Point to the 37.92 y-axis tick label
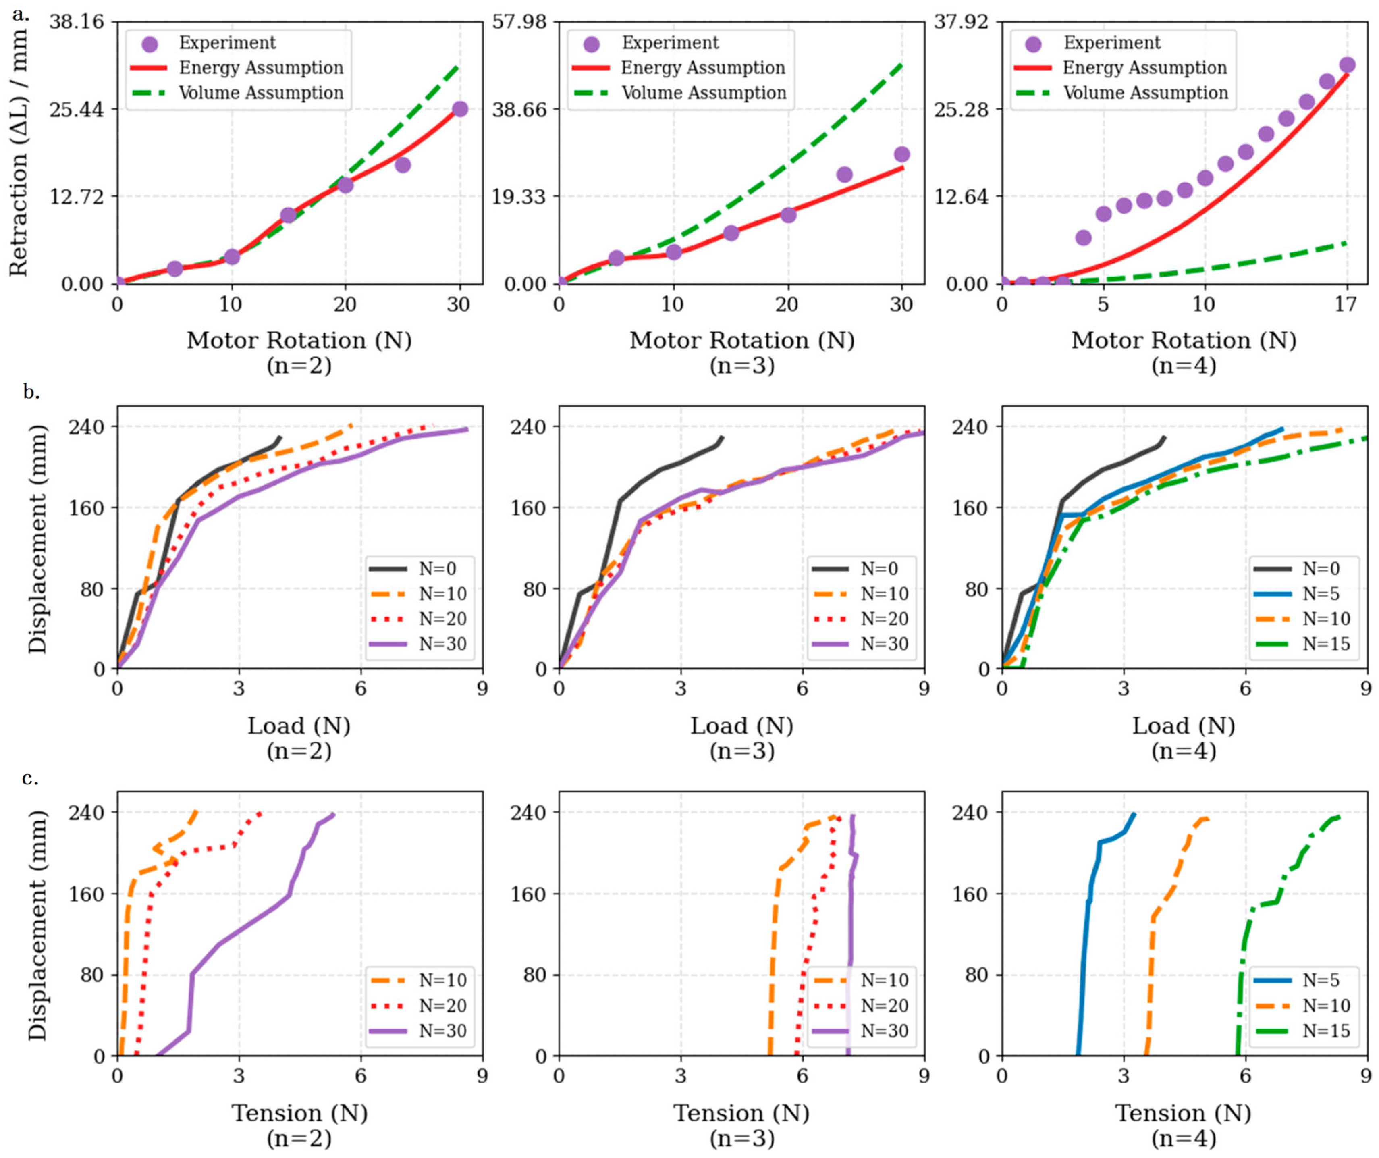(x=962, y=22)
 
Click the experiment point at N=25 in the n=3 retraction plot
(x=845, y=175)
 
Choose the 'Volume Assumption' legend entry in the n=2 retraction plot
(x=238, y=93)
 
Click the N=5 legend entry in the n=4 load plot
(x=1302, y=594)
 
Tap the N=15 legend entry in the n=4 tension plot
(x=1302, y=1031)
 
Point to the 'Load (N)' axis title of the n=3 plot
(x=742, y=726)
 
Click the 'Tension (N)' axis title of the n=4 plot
(x=1183, y=1113)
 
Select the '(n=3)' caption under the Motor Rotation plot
(x=742, y=365)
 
